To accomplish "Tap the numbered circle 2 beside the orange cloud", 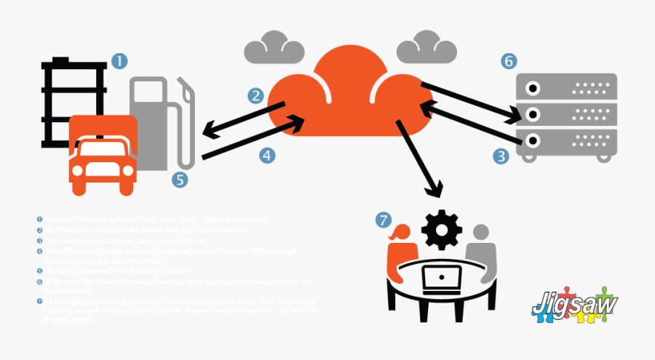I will pos(255,95).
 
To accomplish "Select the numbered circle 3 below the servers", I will pos(501,155).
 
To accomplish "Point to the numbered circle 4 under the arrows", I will pos(267,155).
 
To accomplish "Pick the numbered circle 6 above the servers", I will pos(509,60).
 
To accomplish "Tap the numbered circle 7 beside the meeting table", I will pos(384,219).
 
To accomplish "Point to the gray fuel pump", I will pos(156,120).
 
